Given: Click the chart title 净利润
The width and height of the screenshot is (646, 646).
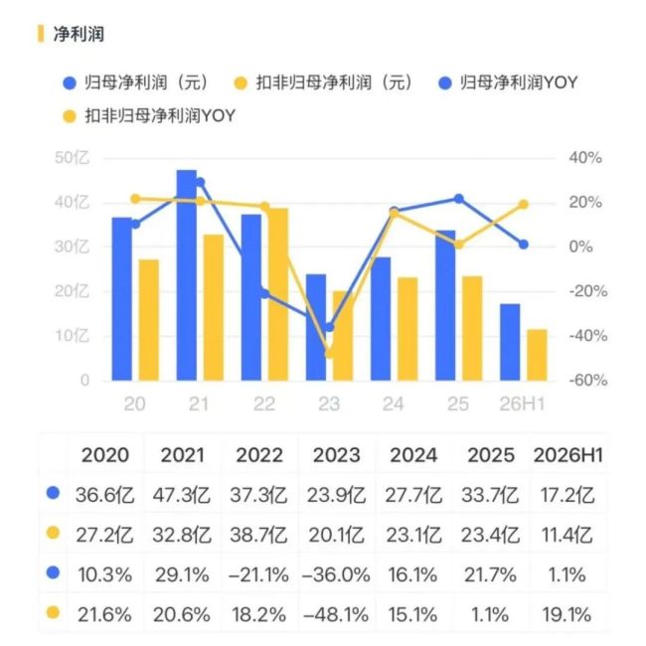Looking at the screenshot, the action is (x=79, y=34).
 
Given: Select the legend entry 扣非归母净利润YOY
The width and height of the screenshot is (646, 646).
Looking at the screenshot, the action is (x=149, y=116).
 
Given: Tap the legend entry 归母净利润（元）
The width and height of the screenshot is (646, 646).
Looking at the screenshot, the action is (x=136, y=82).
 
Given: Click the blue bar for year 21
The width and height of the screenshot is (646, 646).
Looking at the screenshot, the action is (x=187, y=274).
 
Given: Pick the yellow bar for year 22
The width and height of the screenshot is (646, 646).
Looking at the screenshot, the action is (x=278, y=294).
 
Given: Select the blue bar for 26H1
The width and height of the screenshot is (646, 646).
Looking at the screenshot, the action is (x=510, y=342).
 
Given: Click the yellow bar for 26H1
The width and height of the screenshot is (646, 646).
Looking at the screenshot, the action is (x=538, y=355).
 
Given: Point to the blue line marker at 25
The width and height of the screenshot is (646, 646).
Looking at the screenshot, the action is (x=458, y=199).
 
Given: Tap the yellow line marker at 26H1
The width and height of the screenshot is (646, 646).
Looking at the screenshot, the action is (x=523, y=205).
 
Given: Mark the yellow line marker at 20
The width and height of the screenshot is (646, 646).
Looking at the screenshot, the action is (x=135, y=199).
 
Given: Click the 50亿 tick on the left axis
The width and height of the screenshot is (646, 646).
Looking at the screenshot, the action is (x=72, y=158).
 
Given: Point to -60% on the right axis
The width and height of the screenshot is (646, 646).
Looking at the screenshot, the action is (x=588, y=380).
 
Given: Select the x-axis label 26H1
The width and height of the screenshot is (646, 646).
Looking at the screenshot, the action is (x=522, y=404).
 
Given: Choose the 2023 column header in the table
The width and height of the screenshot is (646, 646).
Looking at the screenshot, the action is (x=336, y=455).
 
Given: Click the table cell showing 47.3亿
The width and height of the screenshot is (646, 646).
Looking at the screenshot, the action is (x=182, y=495).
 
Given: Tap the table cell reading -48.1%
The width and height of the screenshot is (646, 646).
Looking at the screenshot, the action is (x=336, y=615).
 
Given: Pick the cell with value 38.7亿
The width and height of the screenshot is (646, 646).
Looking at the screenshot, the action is (x=258, y=535).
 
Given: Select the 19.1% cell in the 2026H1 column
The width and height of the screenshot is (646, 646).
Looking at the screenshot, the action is (x=566, y=615).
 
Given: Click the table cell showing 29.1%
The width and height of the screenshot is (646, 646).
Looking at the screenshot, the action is (x=182, y=575).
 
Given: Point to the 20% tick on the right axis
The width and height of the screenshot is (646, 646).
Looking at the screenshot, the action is (x=585, y=203).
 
